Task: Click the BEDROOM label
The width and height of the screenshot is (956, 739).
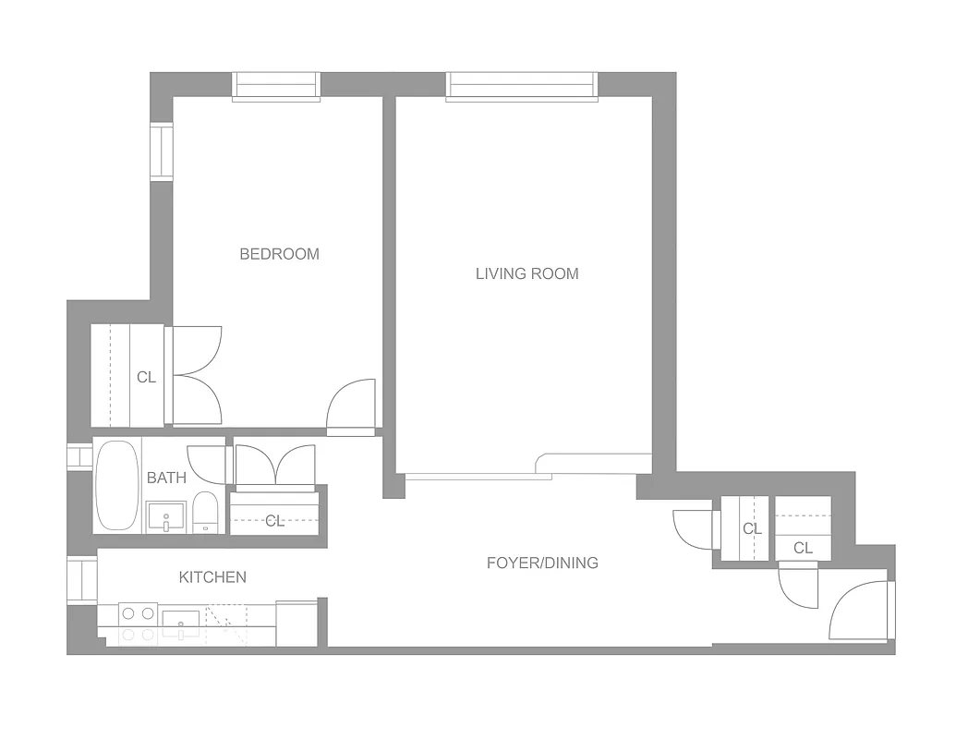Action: [x=279, y=254]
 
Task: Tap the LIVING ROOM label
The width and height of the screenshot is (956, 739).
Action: [x=526, y=273]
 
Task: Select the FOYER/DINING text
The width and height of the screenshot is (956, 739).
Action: [x=542, y=563]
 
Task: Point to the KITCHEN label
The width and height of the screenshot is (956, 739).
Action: [x=212, y=577]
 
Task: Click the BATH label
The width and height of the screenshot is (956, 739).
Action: [x=166, y=478]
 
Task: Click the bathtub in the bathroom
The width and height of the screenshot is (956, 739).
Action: [x=116, y=485]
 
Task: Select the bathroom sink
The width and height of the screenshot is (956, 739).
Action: [x=166, y=517]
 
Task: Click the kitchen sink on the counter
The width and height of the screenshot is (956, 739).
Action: [x=180, y=624]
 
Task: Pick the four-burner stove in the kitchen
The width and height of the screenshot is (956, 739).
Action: [x=138, y=624]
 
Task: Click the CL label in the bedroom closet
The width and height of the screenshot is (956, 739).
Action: [x=146, y=377]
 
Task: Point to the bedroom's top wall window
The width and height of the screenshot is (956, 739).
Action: [x=275, y=85]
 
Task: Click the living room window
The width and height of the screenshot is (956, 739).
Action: [x=522, y=85]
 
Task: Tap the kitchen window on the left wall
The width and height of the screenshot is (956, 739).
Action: [x=82, y=579]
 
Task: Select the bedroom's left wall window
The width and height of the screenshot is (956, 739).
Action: [x=163, y=151]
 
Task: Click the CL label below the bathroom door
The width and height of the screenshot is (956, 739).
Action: [x=275, y=520]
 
